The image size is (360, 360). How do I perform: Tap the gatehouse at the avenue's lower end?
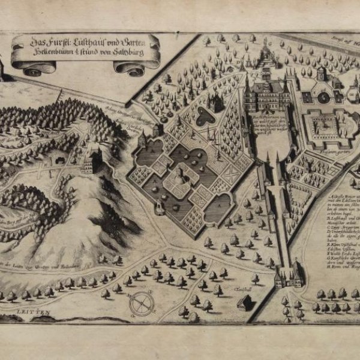click(287, 278)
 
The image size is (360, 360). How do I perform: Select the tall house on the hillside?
click(95, 161)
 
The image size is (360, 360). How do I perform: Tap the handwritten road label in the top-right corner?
click(344, 43)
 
